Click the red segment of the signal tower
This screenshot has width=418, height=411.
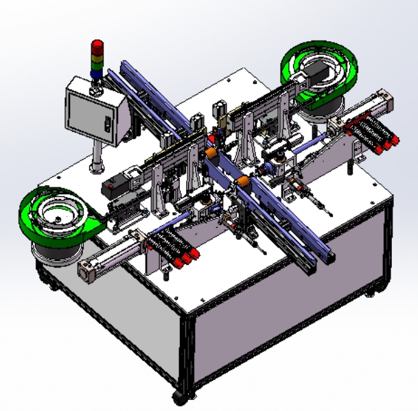click(96, 47)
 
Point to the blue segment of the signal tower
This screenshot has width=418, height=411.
click(96, 69)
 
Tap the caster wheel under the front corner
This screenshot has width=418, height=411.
click(180, 397)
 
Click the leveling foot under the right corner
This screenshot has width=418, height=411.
click(371, 293)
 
